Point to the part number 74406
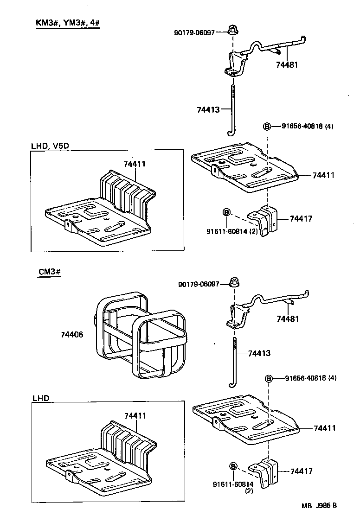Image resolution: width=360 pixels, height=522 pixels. pos(71,334)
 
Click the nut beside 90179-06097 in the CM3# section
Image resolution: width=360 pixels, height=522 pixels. pos(234,281)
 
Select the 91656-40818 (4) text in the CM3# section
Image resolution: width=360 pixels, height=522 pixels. pos(310,378)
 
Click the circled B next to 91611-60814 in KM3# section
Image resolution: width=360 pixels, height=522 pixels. pos(226,212)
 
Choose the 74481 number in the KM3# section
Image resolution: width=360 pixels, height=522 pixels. pos(287,65)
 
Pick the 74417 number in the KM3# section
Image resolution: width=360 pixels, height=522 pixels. pos(302,218)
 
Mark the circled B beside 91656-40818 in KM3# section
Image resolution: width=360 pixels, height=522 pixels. pos(268,127)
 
